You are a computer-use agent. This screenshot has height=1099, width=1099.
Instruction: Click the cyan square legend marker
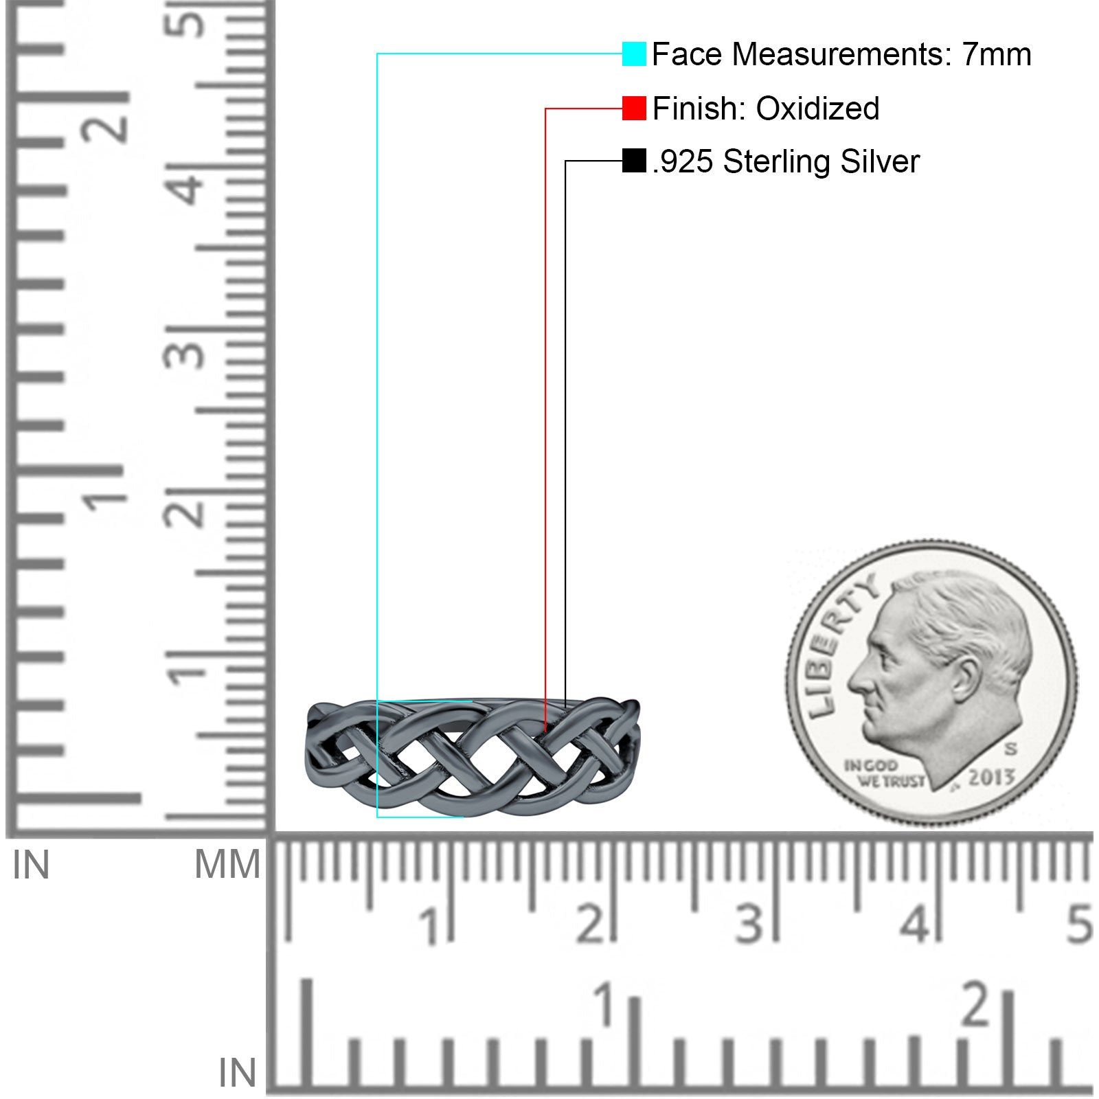634,54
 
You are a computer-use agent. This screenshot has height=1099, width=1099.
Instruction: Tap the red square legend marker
634,109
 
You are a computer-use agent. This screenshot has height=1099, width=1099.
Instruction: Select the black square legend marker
634,161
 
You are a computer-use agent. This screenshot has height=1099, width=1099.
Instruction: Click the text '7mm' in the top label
996,54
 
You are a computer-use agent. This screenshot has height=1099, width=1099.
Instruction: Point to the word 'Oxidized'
817,109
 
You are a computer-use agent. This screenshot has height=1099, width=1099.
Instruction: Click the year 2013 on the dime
991,777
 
